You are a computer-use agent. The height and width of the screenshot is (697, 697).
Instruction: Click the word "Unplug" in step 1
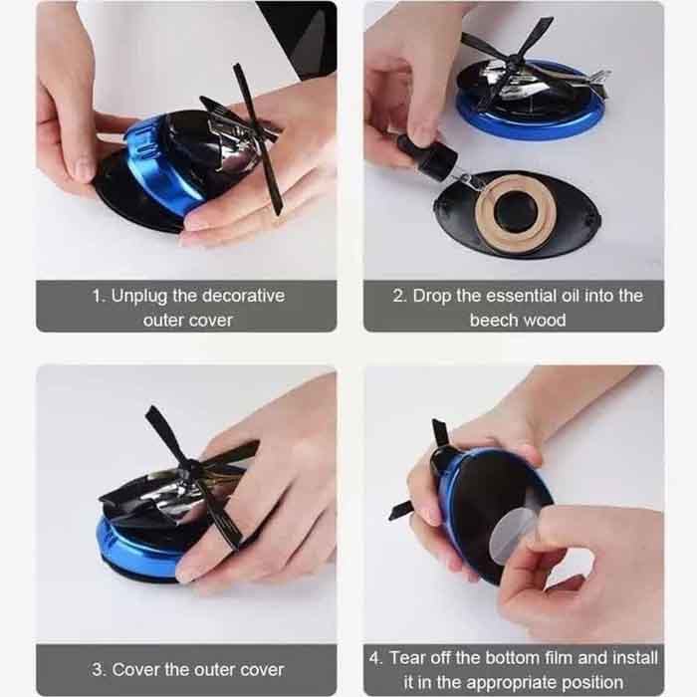coord(139,297)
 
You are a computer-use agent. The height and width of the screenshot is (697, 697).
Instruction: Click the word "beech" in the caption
coord(492,320)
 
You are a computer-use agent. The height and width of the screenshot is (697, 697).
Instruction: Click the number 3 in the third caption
coord(98,670)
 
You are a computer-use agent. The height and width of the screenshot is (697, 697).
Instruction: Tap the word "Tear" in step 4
coord(407,658)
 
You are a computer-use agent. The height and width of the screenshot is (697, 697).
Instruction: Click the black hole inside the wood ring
coord(516,212)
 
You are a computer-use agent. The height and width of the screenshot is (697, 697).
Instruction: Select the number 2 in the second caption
coord(398,296)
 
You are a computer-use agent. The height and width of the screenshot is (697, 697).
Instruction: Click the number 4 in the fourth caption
coord(375,658)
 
